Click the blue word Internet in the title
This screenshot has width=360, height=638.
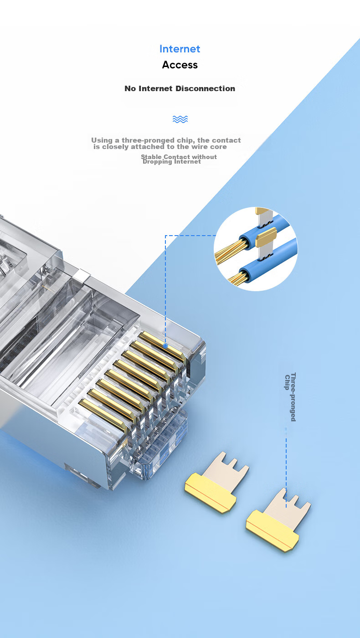[x=180, y=49]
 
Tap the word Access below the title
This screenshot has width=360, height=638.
[x=180, y=65]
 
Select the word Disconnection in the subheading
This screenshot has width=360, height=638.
[x=206, y=88]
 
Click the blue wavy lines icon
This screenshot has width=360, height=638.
[x=180, y=119]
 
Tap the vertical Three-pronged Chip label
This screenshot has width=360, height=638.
[x=290, y=397]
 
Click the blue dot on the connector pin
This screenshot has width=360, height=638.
[x=165, y=346]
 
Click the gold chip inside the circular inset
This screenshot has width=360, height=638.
[x=266, y=237]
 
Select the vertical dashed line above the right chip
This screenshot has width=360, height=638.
[x=286, y=468]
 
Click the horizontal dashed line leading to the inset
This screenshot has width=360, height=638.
[x=190, y=236]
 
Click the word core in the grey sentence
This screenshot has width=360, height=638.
[x=219, y=147]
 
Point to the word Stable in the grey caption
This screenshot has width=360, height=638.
[x=151, y=157]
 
